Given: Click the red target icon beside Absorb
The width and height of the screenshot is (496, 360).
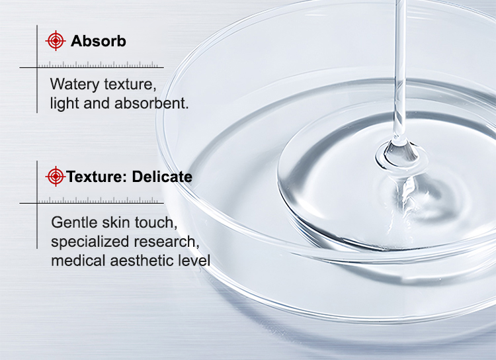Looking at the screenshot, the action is [x=56, y=40].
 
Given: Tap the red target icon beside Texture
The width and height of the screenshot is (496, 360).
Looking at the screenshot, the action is [x=56, y=176].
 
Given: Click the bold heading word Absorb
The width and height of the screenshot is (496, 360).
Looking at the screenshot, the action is [x=99, y=41].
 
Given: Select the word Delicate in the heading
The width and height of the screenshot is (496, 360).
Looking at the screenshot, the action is [x=162, y=177].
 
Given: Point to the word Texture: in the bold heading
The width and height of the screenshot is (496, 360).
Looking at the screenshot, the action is [x=97, y=177].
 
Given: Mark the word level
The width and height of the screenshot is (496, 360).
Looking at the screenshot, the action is [x=194, y=261].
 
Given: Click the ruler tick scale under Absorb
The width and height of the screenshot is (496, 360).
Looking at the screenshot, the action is [x=97, y=65].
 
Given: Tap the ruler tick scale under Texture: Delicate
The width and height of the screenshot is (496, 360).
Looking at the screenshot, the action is [x=97, y=200].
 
